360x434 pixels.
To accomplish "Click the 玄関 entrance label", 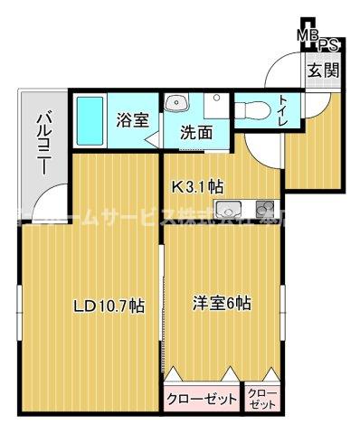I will (320, 69).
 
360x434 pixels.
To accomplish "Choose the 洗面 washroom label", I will (195, 131).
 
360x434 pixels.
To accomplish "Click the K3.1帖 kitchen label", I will (197, 187).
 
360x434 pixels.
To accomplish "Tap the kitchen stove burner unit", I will (263, 205).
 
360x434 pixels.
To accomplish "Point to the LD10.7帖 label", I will (108, 306).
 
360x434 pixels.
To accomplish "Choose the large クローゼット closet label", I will (201, 398).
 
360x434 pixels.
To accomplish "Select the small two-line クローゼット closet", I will (263, 398).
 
